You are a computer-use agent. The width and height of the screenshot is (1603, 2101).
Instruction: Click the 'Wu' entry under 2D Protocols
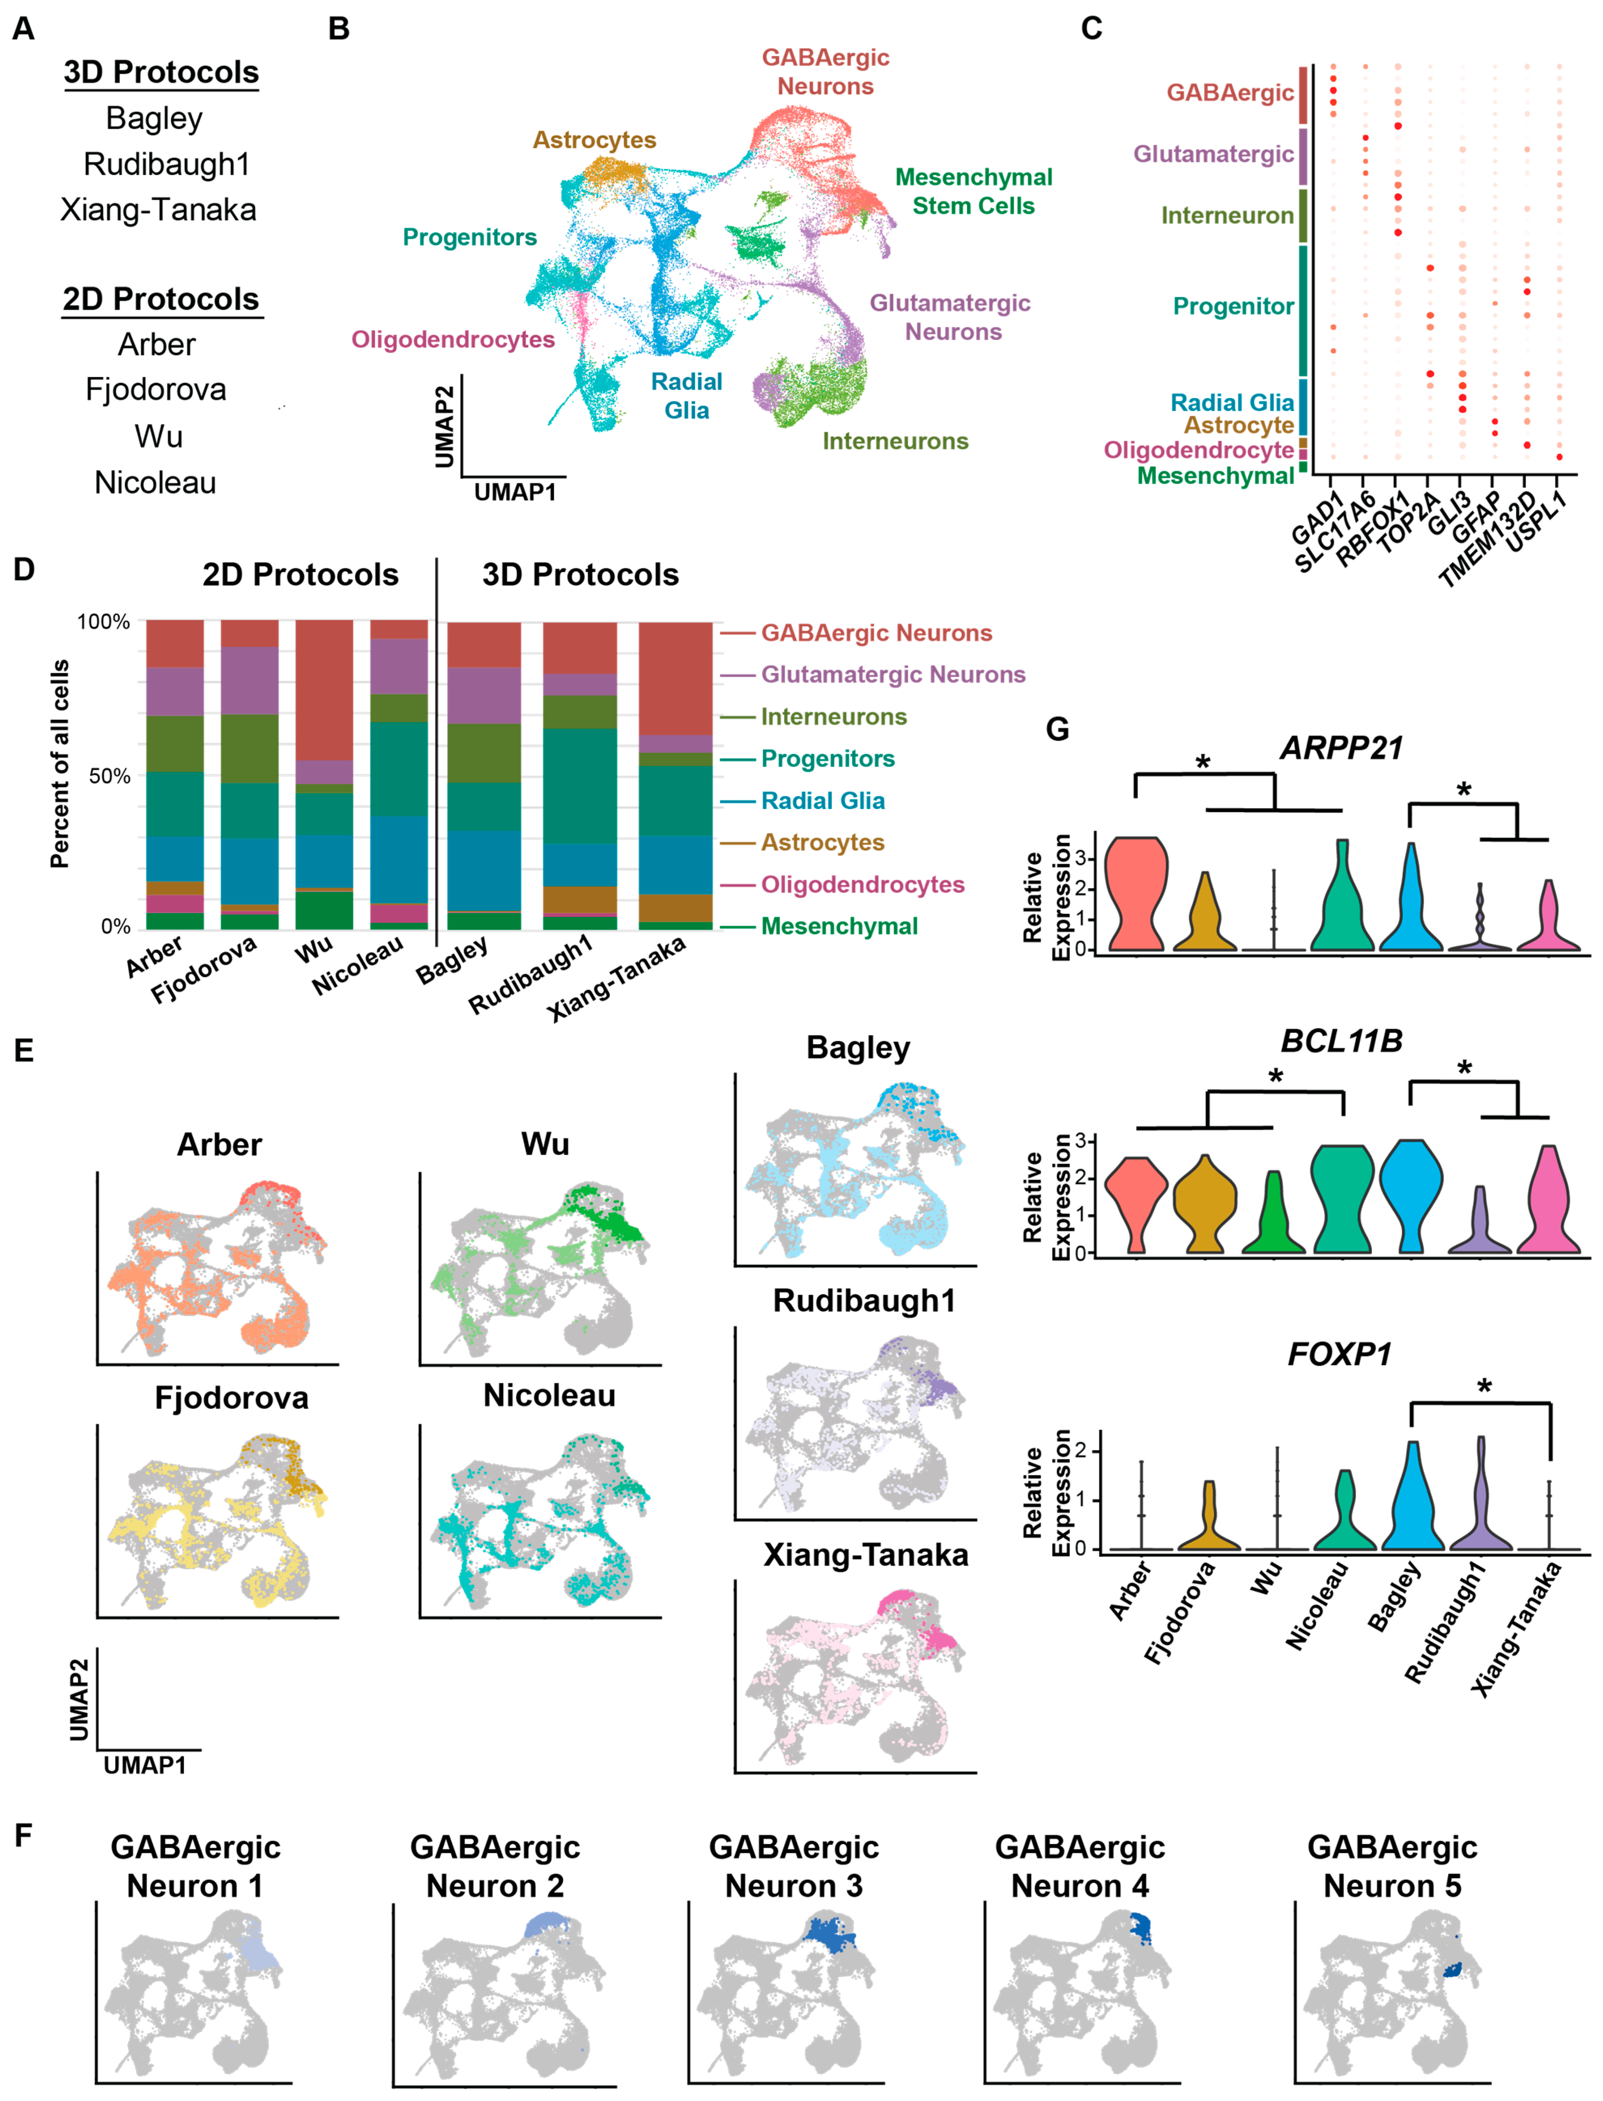(x=159, y=436)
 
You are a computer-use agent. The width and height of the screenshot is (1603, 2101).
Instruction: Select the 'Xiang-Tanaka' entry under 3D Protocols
(x=159, y=210)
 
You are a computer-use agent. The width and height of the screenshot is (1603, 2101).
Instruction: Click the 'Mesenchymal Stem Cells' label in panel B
(x=973, y=192)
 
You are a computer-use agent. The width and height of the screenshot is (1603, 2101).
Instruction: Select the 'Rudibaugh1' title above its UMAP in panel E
(x=863, y=1301)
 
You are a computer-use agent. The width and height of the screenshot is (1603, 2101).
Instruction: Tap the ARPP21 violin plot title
(x=1341, y=748)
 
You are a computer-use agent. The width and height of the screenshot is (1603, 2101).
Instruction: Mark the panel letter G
(x=1057, y=730)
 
